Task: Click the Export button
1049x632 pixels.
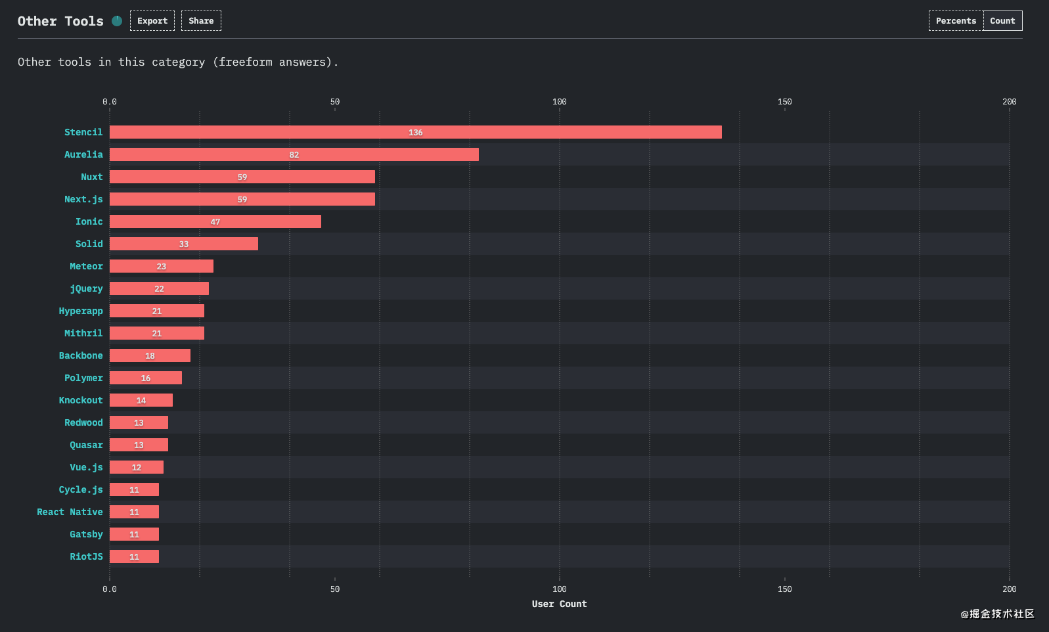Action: pos(152,20)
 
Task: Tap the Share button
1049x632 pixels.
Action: pos(201,20)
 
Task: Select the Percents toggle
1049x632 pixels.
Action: pos(956,20)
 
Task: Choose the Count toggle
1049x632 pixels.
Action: pos(1002,20)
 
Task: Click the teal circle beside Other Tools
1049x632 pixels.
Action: pos(117,20)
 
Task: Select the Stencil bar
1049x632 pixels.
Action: pos(415,132)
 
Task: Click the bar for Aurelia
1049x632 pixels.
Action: pos(294,154)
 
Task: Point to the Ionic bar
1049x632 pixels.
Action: pos(215,221)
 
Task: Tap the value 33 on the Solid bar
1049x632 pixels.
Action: pos(183,244)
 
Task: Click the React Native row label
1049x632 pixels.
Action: pos(70,512)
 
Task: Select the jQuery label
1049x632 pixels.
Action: pos(86,288)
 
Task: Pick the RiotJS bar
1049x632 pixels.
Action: pos(135,556)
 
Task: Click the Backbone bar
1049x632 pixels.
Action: pos(150,355)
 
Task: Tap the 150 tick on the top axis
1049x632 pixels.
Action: pos(784,102)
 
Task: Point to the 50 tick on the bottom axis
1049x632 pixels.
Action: pos(334,589)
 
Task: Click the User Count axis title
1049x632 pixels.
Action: pos(559,604)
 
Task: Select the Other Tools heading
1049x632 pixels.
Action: pos(60,21)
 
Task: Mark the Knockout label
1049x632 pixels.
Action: pos(81,400)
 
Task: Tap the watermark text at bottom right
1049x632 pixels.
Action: pos(997,614)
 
